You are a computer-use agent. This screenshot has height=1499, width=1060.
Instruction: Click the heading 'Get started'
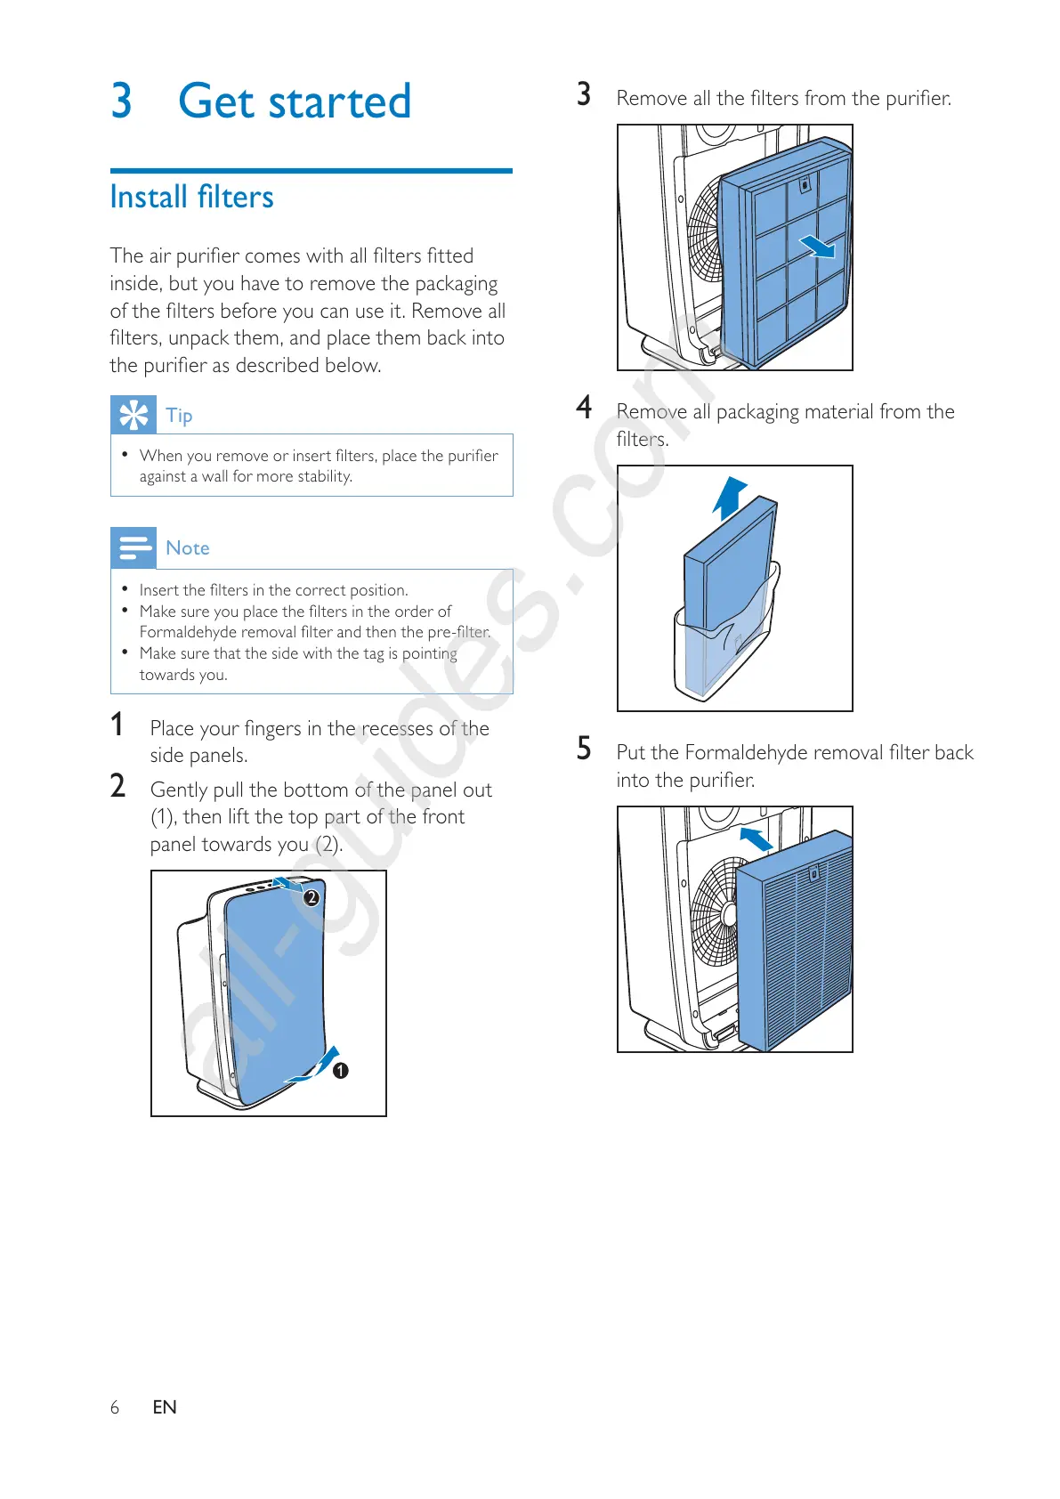294,101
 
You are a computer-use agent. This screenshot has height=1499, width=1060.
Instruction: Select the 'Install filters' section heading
191,197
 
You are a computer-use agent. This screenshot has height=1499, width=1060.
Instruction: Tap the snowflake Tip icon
134,415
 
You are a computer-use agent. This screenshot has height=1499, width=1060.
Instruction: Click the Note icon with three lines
134,547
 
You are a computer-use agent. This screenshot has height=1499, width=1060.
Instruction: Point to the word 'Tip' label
179,416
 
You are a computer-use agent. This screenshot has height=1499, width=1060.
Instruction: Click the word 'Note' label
188,548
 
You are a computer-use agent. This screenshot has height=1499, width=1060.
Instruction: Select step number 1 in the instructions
117,725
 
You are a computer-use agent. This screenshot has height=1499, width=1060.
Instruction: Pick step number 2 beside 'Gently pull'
117,786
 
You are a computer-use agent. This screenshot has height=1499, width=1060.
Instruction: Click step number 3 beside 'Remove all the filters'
584,94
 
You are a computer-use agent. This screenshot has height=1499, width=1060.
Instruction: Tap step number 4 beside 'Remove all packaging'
584,408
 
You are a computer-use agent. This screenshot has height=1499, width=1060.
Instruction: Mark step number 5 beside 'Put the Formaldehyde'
584,749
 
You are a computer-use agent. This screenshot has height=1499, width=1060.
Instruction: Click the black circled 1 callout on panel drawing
340,1071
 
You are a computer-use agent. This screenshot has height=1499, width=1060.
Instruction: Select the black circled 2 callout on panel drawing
312,898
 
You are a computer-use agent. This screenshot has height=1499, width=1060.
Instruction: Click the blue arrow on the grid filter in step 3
817,246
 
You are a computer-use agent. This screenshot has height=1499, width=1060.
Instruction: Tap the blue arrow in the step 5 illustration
756,839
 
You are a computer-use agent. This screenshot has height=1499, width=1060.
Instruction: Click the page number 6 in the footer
115,1407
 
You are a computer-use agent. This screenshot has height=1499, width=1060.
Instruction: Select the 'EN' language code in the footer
165,1407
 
